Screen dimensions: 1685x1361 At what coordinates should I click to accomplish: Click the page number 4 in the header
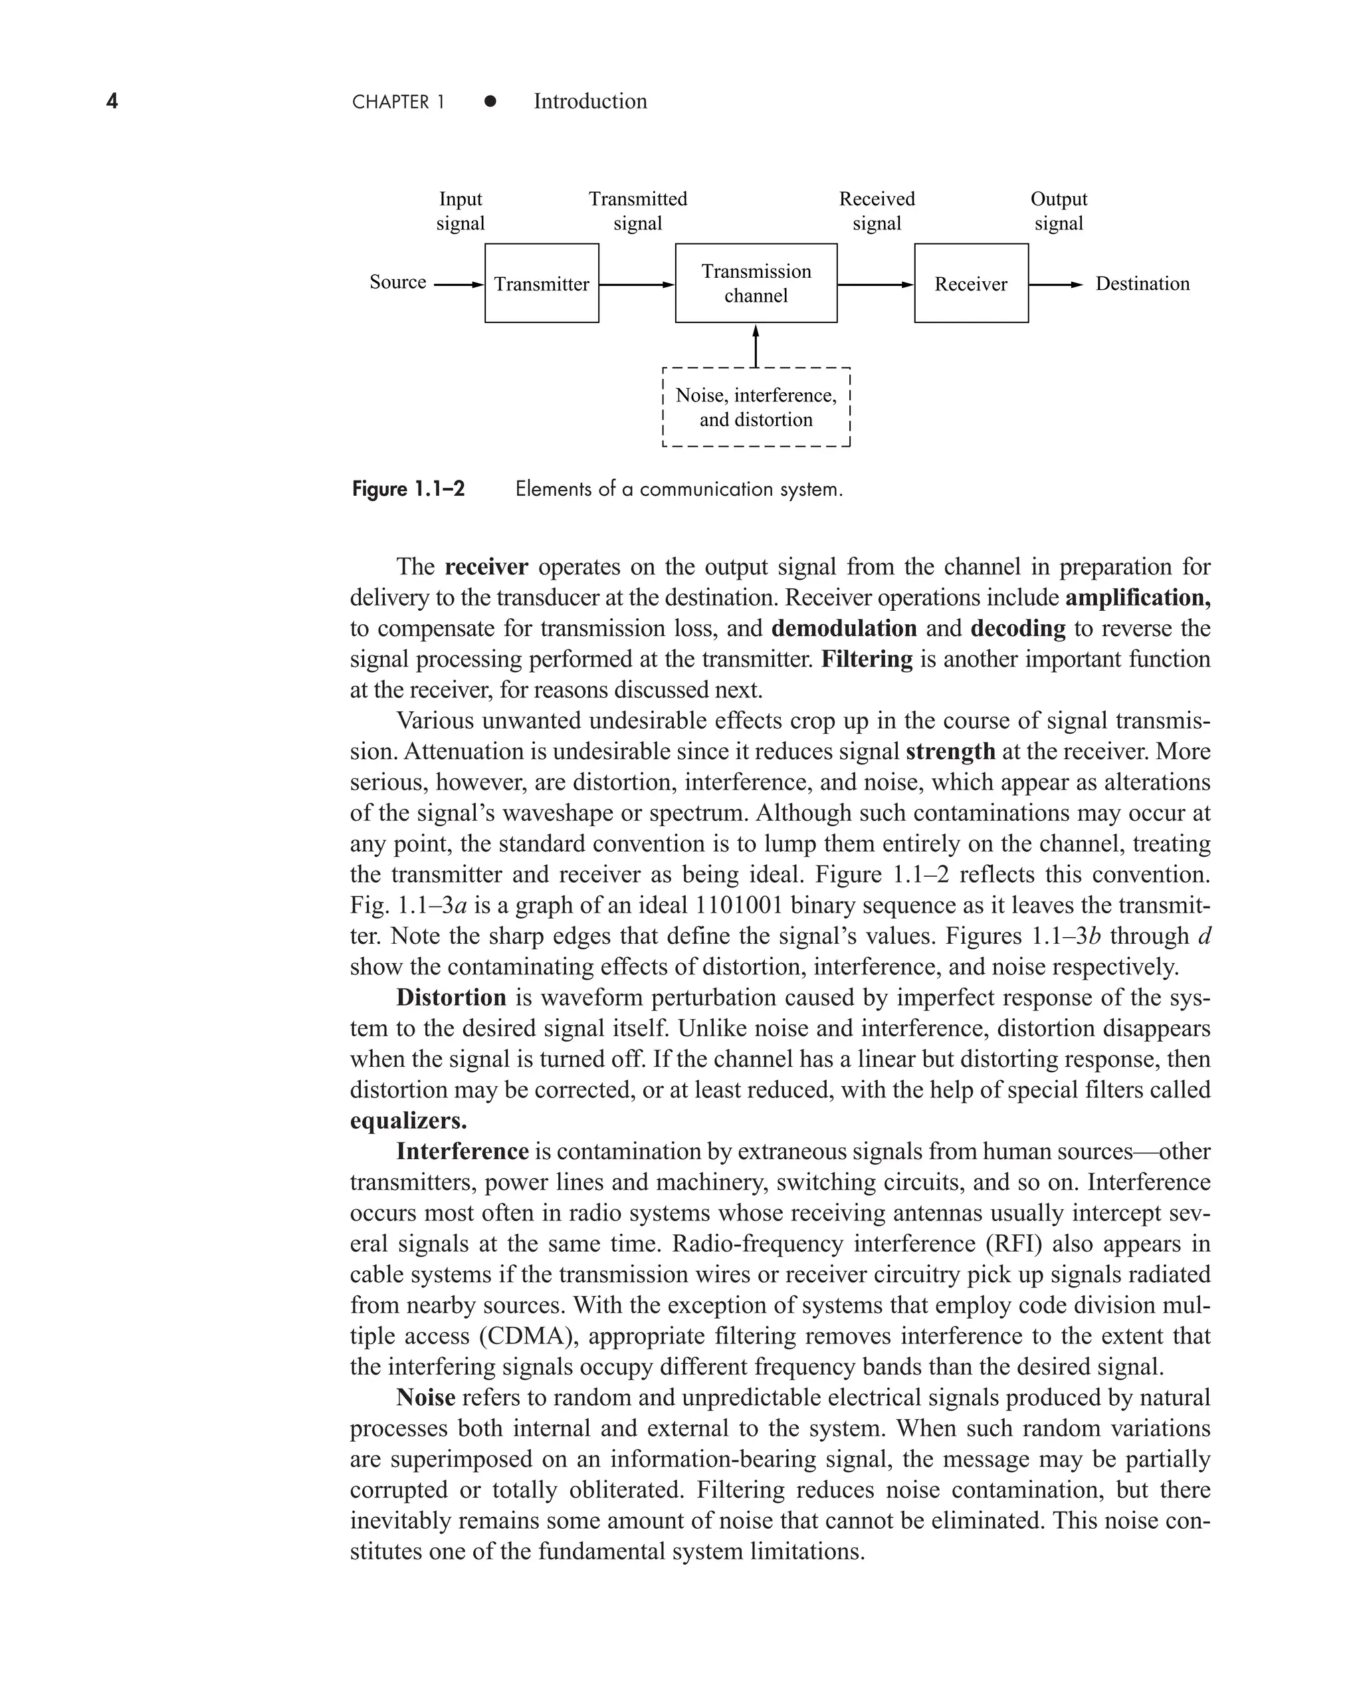[112, 101]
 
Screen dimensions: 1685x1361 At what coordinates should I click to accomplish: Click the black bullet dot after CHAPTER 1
[490, 101]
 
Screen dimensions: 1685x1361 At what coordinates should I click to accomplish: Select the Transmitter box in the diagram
[542, 283]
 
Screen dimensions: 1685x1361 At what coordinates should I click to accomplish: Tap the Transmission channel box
[756, 283]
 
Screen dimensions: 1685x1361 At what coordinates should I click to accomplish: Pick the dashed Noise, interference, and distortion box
[756, 407]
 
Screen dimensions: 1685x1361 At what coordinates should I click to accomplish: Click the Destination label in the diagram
[1142, 284]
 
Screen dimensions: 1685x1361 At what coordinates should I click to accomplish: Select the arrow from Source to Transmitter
[459, 284]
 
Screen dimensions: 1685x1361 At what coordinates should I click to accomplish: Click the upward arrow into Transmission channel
[756, 346]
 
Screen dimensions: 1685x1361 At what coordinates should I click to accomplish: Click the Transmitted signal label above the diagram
[637, 211]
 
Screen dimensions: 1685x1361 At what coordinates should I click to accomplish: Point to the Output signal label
[1059, 211]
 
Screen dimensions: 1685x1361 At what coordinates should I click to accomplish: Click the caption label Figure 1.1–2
[407, 489]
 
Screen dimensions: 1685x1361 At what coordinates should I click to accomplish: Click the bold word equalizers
[407, 1121]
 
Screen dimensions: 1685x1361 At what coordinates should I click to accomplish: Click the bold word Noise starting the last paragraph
[426, 1397]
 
